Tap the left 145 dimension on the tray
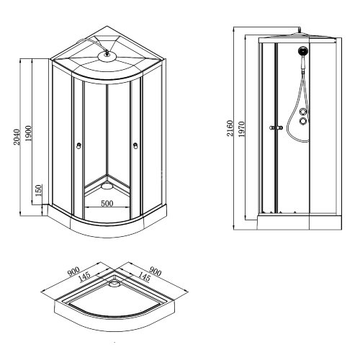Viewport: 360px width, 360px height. coord(85,276)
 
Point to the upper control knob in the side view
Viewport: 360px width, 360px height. coord(304,109)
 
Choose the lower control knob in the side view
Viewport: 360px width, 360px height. coord(304,122)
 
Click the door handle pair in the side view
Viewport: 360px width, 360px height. coord(272,128)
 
